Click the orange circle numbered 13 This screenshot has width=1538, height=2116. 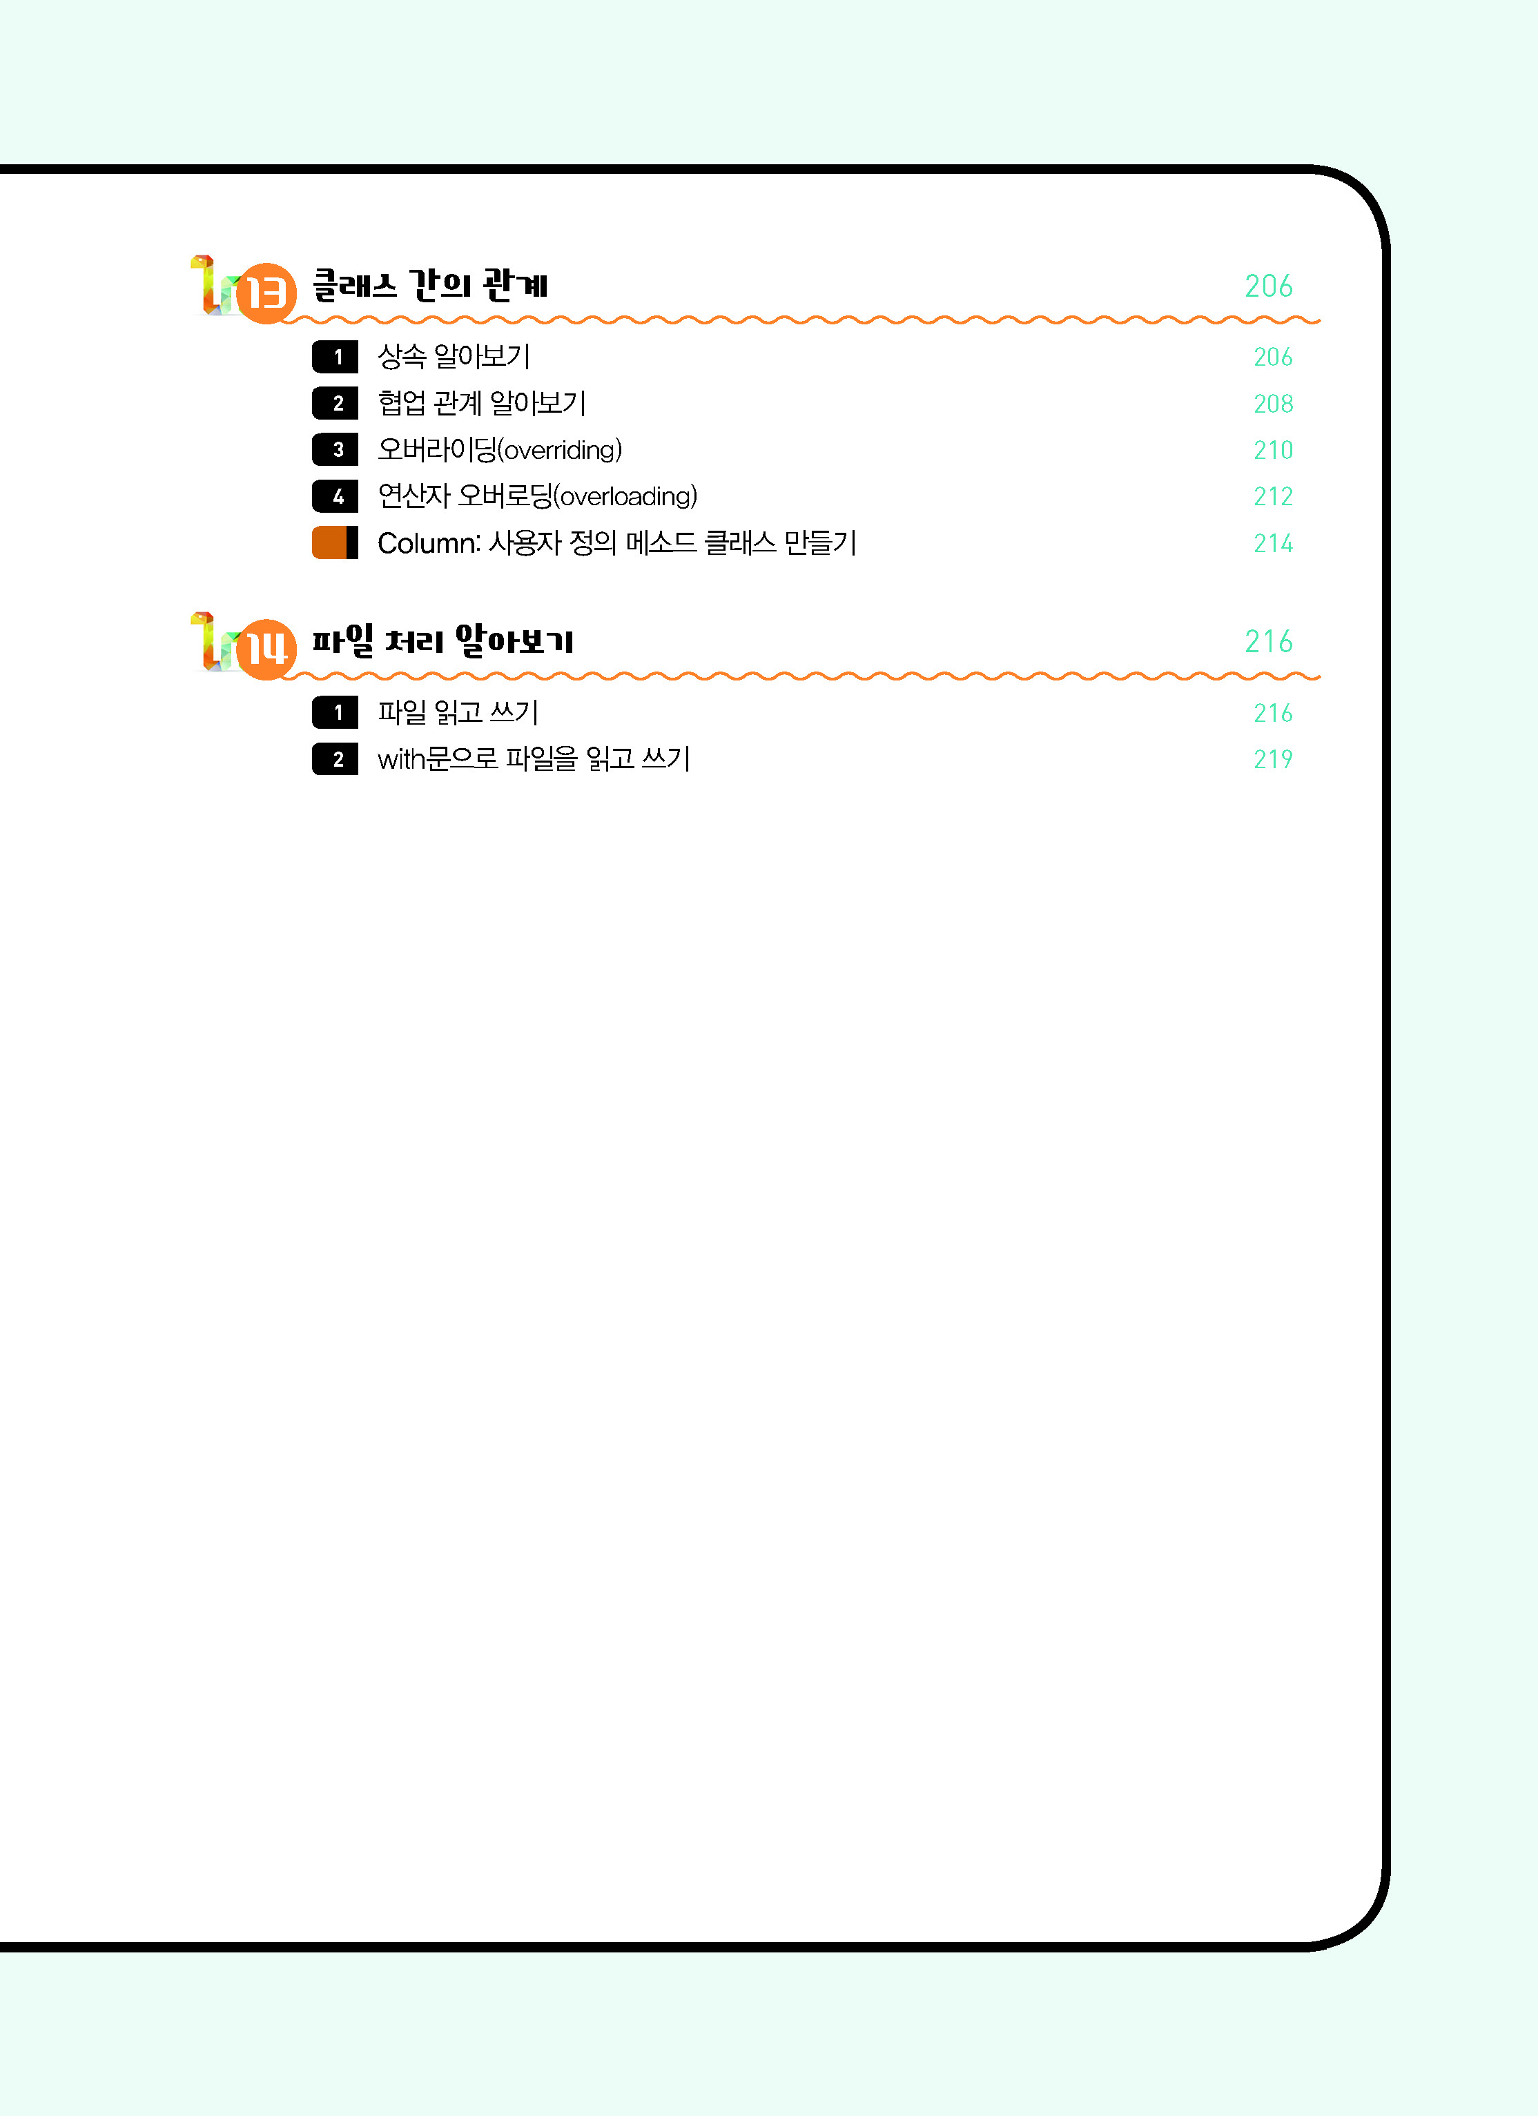266,293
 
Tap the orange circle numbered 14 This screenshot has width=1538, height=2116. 266,649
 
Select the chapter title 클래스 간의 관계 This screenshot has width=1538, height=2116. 429,284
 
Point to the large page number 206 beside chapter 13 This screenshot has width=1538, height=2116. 1268,286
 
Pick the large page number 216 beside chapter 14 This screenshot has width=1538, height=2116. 1268,641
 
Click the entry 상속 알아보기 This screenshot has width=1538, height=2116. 454,356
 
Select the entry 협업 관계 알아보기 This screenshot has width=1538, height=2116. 482,403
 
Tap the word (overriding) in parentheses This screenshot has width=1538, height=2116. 560,451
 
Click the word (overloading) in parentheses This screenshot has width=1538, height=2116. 625,496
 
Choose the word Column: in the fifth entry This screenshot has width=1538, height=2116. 429,543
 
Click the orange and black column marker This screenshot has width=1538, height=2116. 335,543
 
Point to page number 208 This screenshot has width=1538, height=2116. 1273,404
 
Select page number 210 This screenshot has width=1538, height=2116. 1273,451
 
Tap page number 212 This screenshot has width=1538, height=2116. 1273,496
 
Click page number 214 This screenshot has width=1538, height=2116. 1273,543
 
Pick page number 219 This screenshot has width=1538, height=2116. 1273,759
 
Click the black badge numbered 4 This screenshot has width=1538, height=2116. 335,496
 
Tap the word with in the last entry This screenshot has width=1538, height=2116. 401,759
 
